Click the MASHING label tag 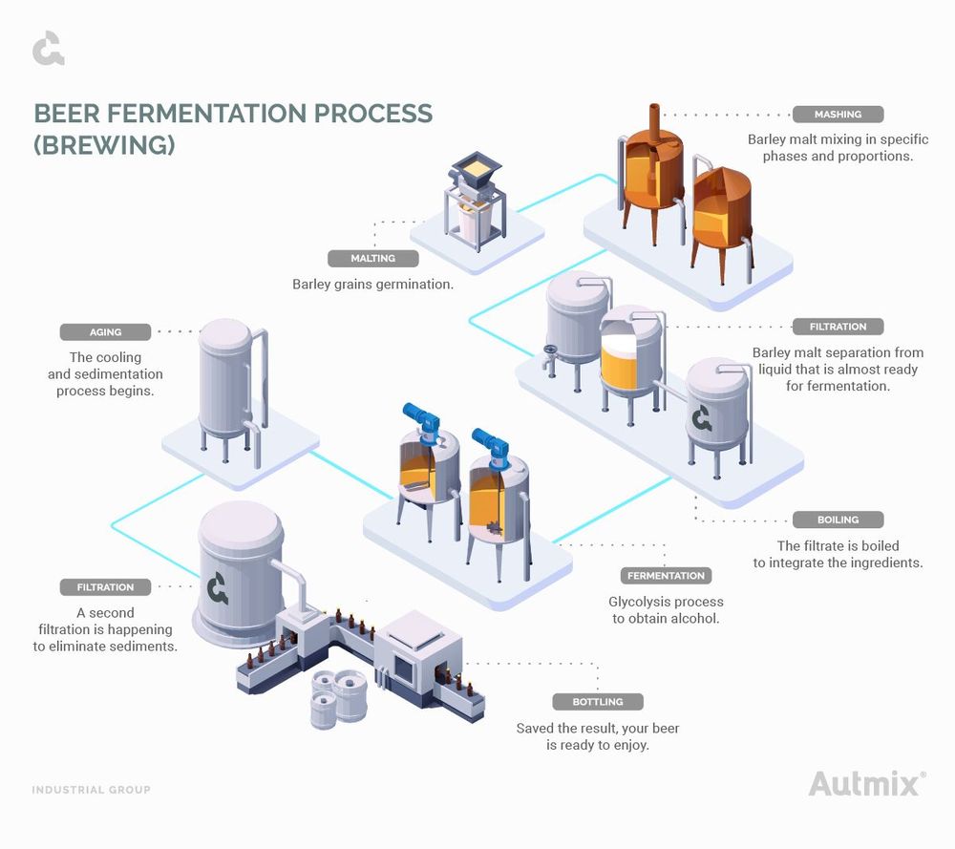click(838, 115)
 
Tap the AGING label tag click(105, 332)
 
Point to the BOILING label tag click(838, 520)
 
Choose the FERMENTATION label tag click(666, 576)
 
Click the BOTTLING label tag click(597, 702)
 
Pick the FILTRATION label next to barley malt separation click(838, 327)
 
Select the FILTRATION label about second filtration click(105, 587)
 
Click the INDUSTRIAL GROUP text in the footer click(91, 790)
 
